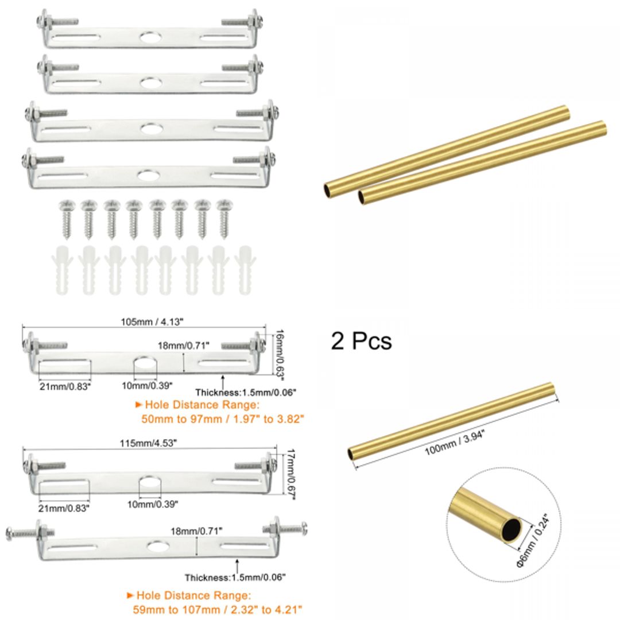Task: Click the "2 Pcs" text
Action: [361, 340]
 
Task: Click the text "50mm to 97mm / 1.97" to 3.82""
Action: [222, 419]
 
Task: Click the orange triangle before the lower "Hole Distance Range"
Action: [131, 595]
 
